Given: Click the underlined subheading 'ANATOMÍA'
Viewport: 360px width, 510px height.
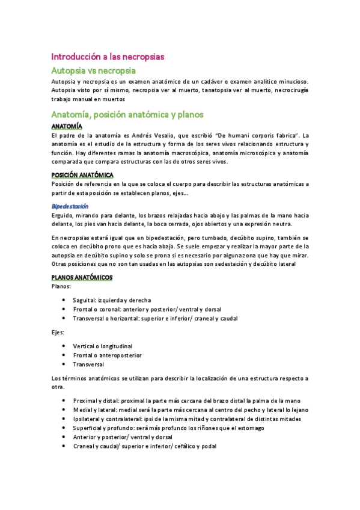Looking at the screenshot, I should (x=67, y=127).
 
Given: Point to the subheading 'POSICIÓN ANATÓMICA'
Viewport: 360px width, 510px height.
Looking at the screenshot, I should (x=82, y=175).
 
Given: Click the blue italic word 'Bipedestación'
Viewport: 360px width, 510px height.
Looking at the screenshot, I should (x=70, y=206).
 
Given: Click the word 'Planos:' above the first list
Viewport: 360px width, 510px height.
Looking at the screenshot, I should (x=61, y=287).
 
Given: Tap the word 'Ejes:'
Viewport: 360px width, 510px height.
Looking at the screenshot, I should (x=59, y=332).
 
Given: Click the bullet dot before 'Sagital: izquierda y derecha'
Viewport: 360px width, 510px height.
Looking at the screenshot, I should (x=64, y=300).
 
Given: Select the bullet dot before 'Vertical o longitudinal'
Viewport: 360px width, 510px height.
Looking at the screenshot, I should (x=64, y=346).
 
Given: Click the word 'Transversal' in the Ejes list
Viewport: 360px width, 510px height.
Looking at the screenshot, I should (x=88, y=364).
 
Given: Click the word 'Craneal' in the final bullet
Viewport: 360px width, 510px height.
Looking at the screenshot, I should (x=84, y=446).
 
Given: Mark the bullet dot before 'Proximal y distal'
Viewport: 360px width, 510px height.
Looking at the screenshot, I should (x=64, y=401).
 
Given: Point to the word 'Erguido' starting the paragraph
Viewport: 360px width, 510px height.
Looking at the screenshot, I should (x=63, y=215).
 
